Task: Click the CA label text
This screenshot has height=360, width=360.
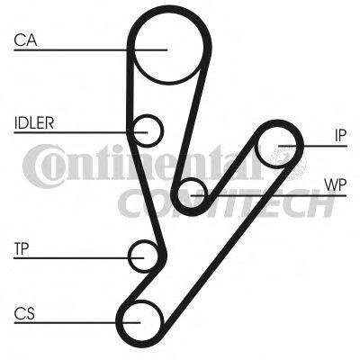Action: pos(25,40)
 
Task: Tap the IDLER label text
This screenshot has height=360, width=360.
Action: pos(34,122)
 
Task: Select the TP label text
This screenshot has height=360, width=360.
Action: pos(22,248)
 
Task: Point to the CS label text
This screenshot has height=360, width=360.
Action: pos(24,313)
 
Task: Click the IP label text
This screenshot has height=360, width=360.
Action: pos(340,136)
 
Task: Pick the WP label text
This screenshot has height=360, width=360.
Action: pos(336,185)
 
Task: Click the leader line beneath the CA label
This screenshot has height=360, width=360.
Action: pos(90,49)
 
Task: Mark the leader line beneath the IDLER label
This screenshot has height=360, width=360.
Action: pos(81,132)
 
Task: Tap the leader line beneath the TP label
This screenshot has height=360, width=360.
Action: pos(79,257)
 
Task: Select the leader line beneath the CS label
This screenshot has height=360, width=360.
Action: pos(77,323)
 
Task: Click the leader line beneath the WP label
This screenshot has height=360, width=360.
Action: pos(268,196)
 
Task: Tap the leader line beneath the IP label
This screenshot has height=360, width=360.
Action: pos(312,146)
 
